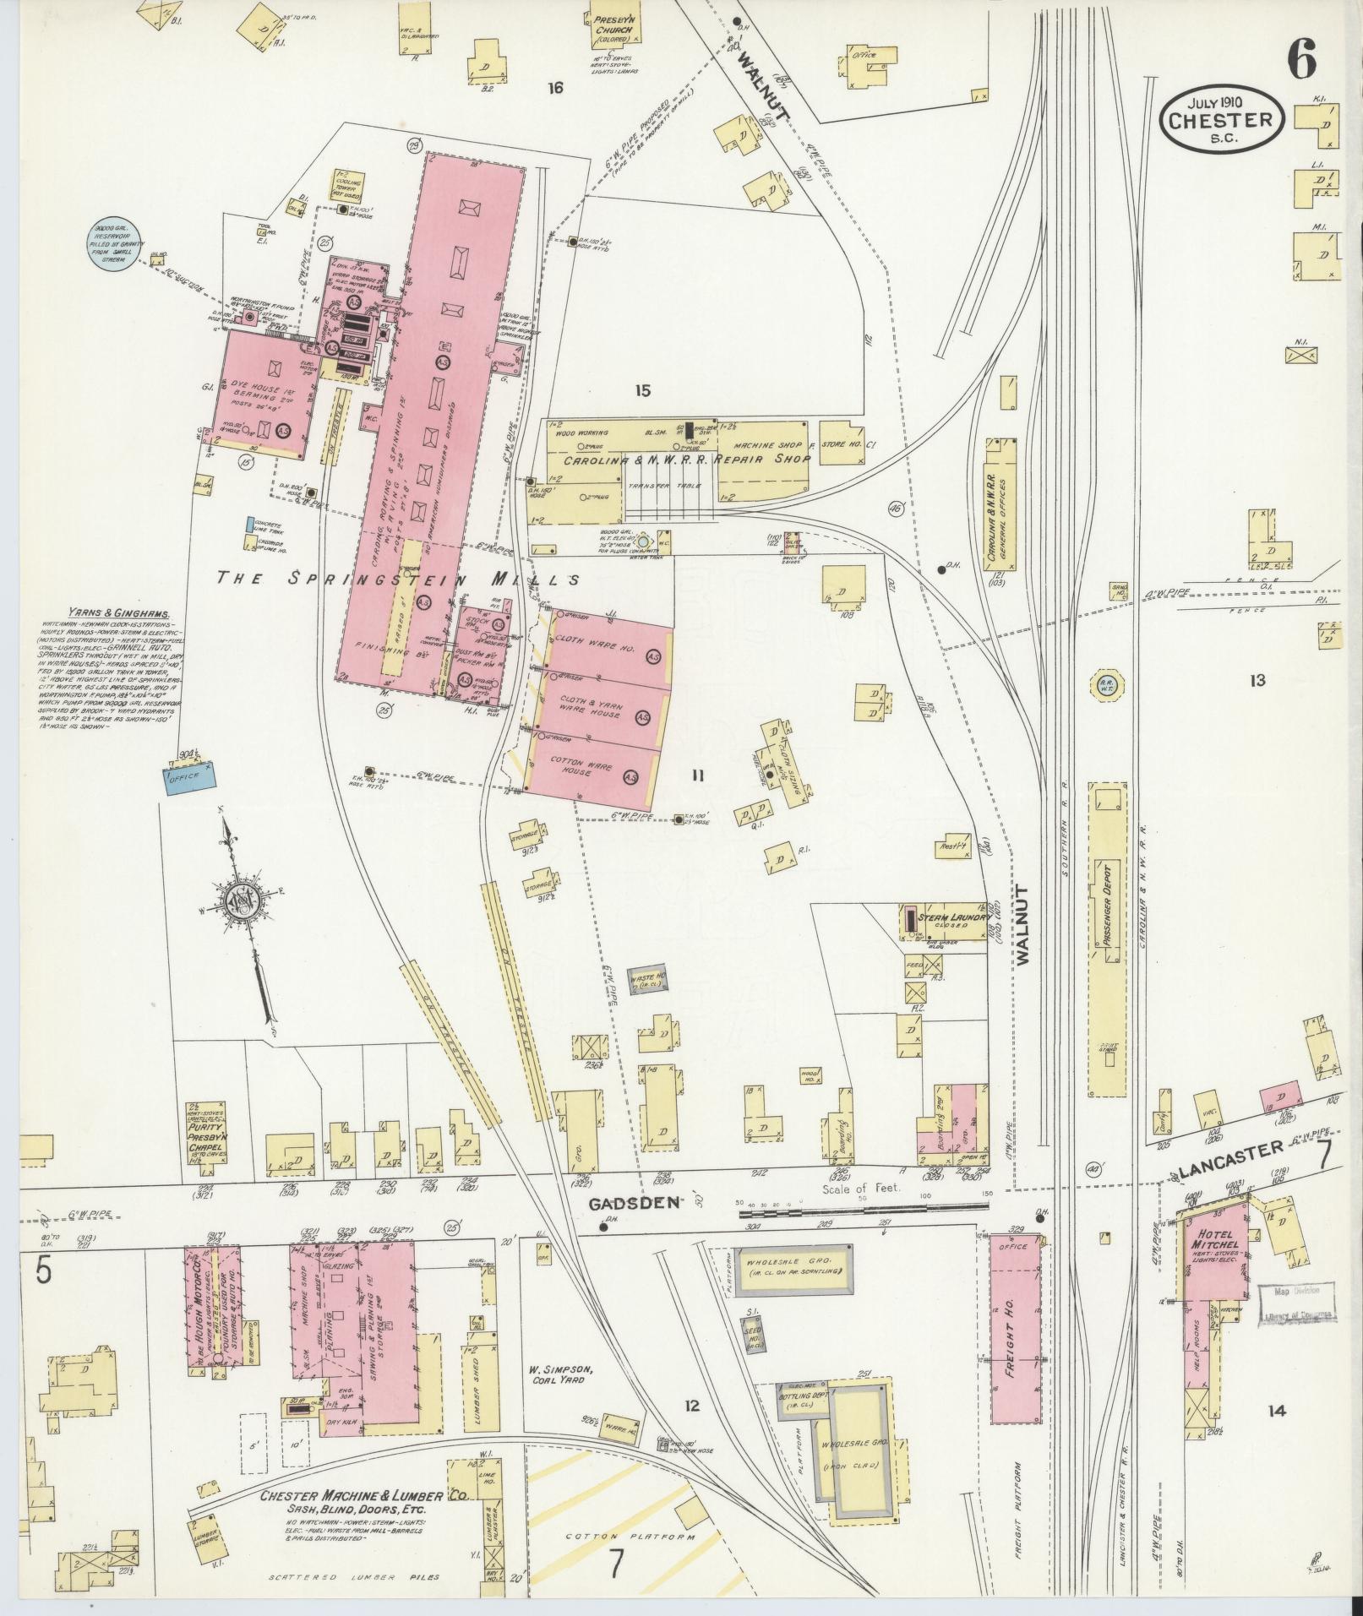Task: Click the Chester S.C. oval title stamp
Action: (1222, 120)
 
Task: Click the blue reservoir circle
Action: (113, 245)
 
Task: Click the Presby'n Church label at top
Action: (615, 26)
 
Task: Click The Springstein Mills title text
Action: (397, 579)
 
